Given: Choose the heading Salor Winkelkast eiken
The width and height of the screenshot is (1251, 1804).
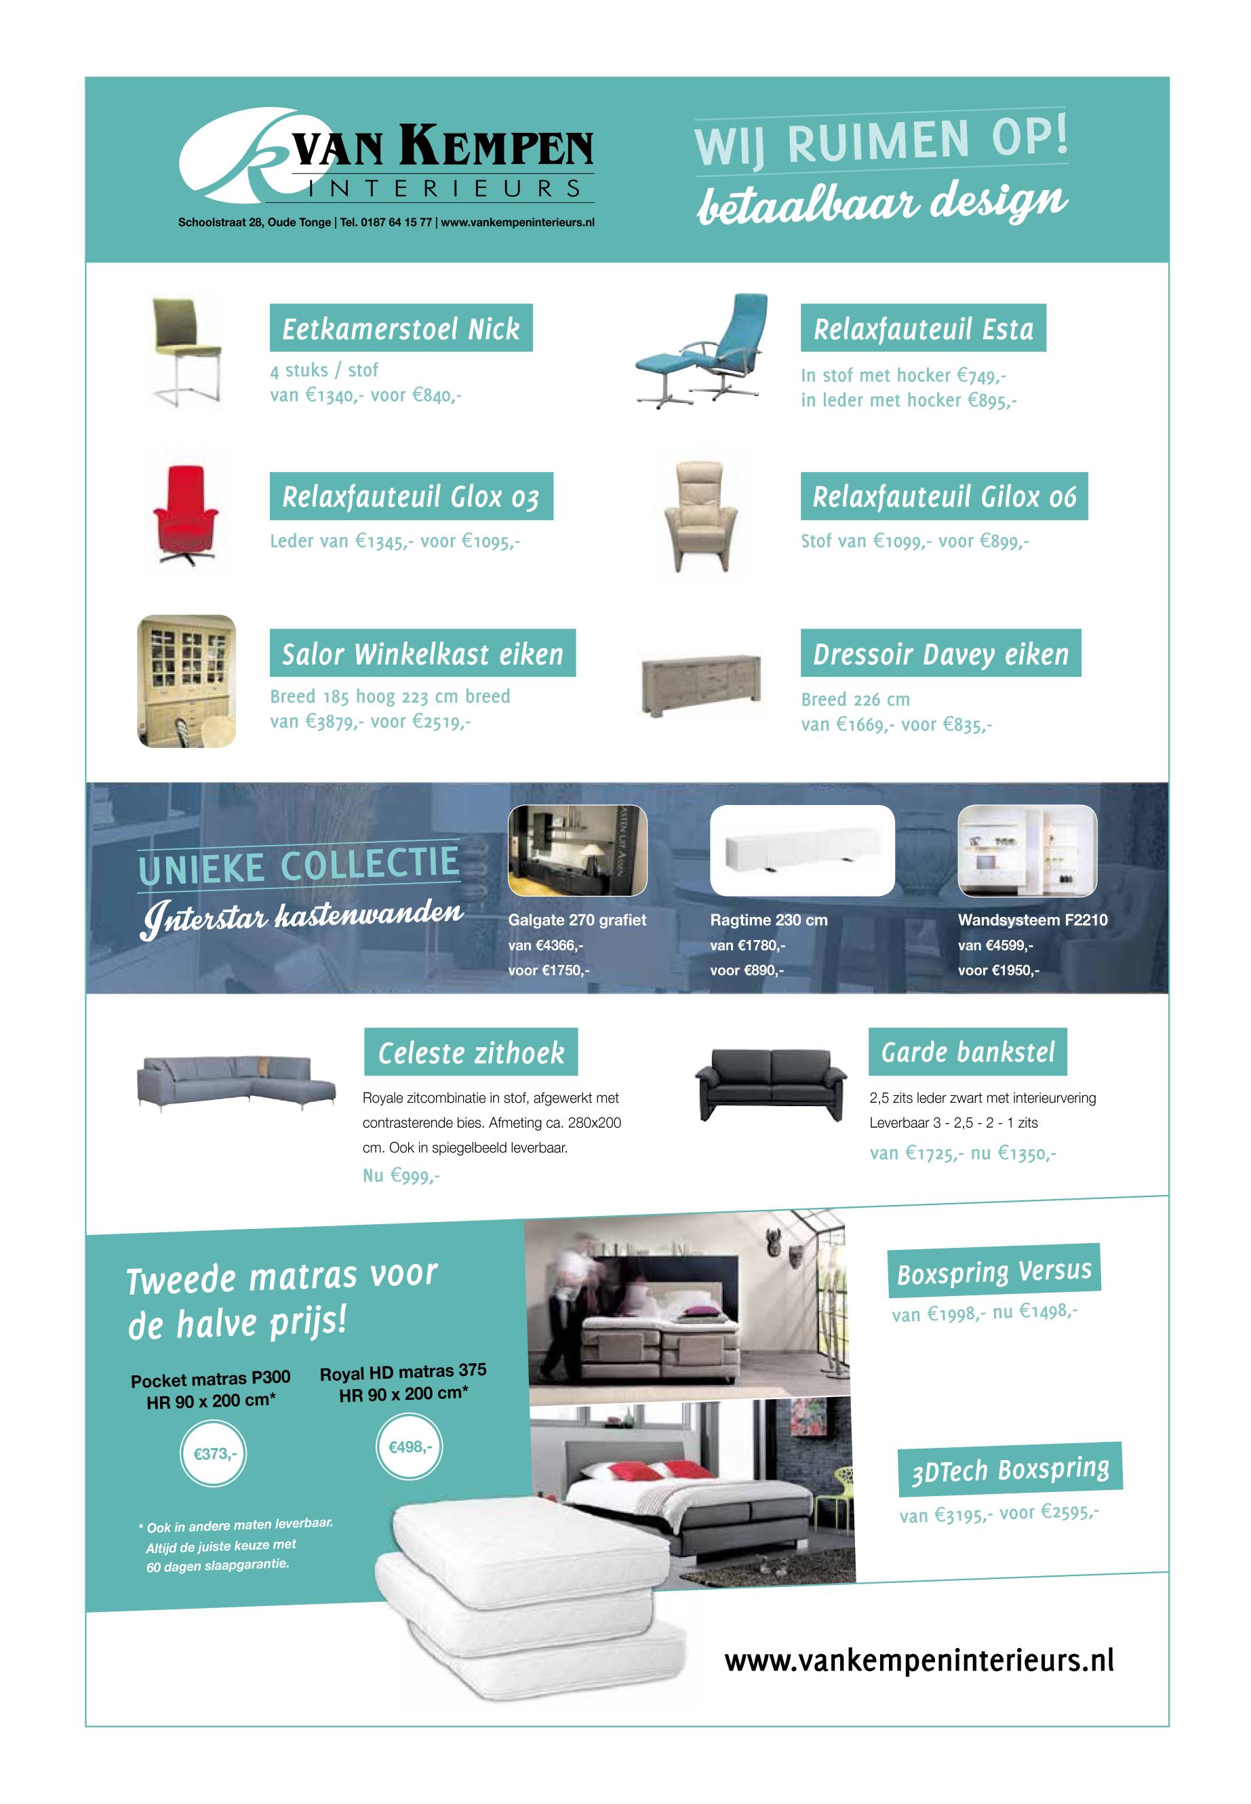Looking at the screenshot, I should [x=422, y=653].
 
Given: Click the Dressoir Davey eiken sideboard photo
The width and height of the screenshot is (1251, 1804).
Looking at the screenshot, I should [x=700, y=684].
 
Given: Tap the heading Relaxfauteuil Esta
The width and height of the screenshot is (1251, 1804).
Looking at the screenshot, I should [x=923, y=328].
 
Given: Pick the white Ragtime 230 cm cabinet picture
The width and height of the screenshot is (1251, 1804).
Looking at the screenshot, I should [x=802, y=850].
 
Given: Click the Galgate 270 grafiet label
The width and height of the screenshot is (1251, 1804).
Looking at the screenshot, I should [x=577, y=920].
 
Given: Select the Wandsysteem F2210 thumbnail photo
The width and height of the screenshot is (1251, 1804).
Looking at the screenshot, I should [x=1027, y=850].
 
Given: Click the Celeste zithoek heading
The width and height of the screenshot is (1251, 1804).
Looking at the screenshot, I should [x=471, y=1052].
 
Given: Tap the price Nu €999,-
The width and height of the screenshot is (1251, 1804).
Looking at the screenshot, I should [x=401, y=1175].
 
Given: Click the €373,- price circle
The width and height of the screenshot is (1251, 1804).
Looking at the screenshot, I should [x=214, y=1454].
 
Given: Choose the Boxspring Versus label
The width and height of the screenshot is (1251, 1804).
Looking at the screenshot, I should [x=994, y=1272].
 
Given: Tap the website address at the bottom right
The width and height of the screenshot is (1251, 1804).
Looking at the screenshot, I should [x=919, y=1660].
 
